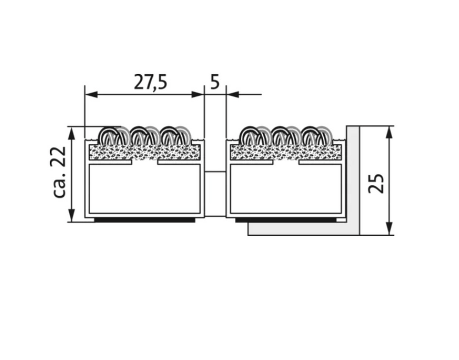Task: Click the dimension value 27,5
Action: tap(151, 82)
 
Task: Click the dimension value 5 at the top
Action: tap(215, 82)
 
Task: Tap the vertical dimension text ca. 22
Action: tap(60, 172)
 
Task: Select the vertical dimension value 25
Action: tap(376, 184)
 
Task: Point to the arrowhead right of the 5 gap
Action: tap(233, 94)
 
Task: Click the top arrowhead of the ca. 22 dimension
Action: tap(72, 133)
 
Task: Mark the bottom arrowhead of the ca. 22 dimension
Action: tap(72, 216)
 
